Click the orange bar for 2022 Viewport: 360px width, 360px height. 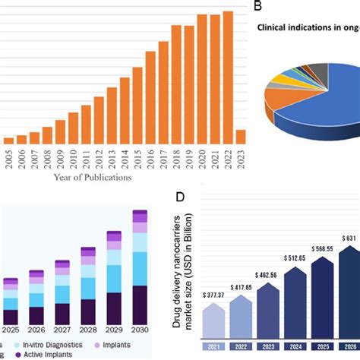[x=229, y=76]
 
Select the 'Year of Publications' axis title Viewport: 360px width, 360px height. [x=92, y=178]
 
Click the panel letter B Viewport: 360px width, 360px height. [x=258, y=6]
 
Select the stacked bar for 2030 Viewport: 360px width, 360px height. [x=141, y=273]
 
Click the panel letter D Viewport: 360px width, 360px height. [x=180, y=197]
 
